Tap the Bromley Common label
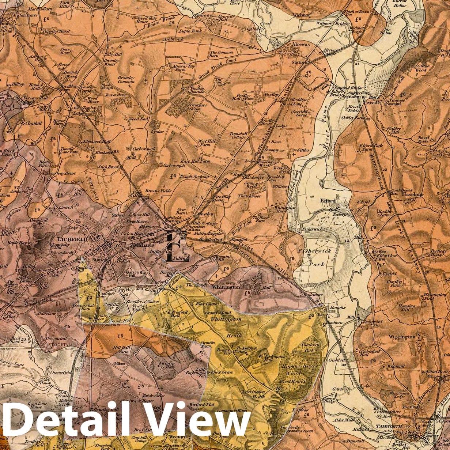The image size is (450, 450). point(126,79)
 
